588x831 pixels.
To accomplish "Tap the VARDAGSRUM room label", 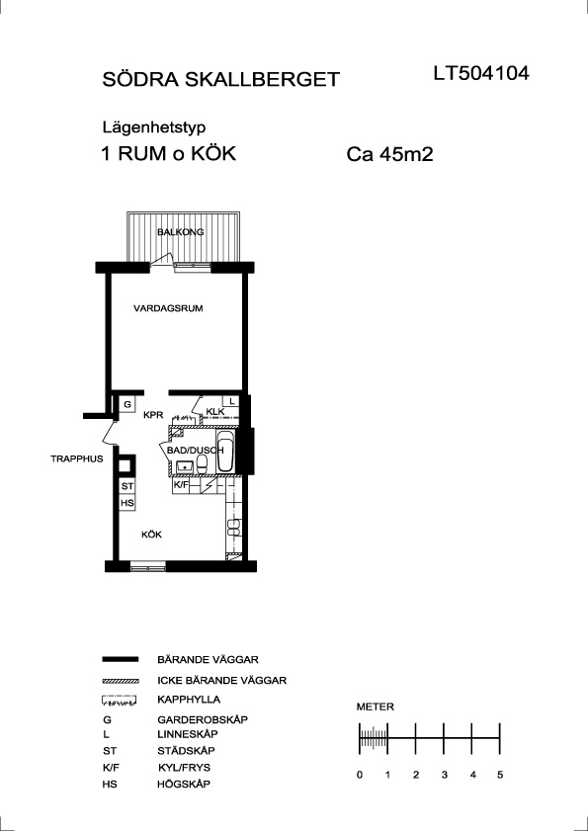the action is click(x=168, y=308).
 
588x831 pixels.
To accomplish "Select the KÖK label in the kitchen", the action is click(x=151, y=535).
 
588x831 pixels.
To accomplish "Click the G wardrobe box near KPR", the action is click(x=127, y=404).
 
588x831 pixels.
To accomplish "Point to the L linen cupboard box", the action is click(x=231, y=401).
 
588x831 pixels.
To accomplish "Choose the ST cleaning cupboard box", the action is click(x=127, y=486).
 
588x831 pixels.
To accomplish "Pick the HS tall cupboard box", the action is click(x=127, y=503).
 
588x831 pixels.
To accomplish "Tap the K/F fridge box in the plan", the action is click(x=182, y=484).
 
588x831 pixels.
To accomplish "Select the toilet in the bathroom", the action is click(x=202, y=464).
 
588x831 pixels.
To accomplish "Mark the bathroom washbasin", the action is click(x=185, y=467).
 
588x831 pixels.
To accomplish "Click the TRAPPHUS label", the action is click(x=76, y=458).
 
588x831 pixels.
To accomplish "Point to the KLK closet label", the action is click(x=215, y=412).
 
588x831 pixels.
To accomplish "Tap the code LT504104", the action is click(x=481, y=74).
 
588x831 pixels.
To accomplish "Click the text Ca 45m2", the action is click(x=389, y=155).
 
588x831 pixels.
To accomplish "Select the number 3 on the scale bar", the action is click(x=444, y=775).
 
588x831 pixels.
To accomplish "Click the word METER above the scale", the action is click(x=376, y=706).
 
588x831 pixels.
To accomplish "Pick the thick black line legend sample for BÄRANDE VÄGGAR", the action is click(x=120, y=659).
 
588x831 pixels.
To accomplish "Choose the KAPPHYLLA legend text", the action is click(x=189, y=700).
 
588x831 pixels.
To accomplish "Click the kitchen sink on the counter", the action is click(x=233, y=527).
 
